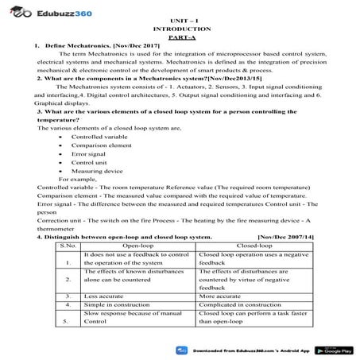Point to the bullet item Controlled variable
(x=99, y=136)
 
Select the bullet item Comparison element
(x=101, y=146)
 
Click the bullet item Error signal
(x=88, y=157)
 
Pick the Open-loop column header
(x=133, y=246)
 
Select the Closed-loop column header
(x=254, y=246)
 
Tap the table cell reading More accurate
(x=222, y=295)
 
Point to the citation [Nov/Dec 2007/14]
(x=285, y=237)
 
